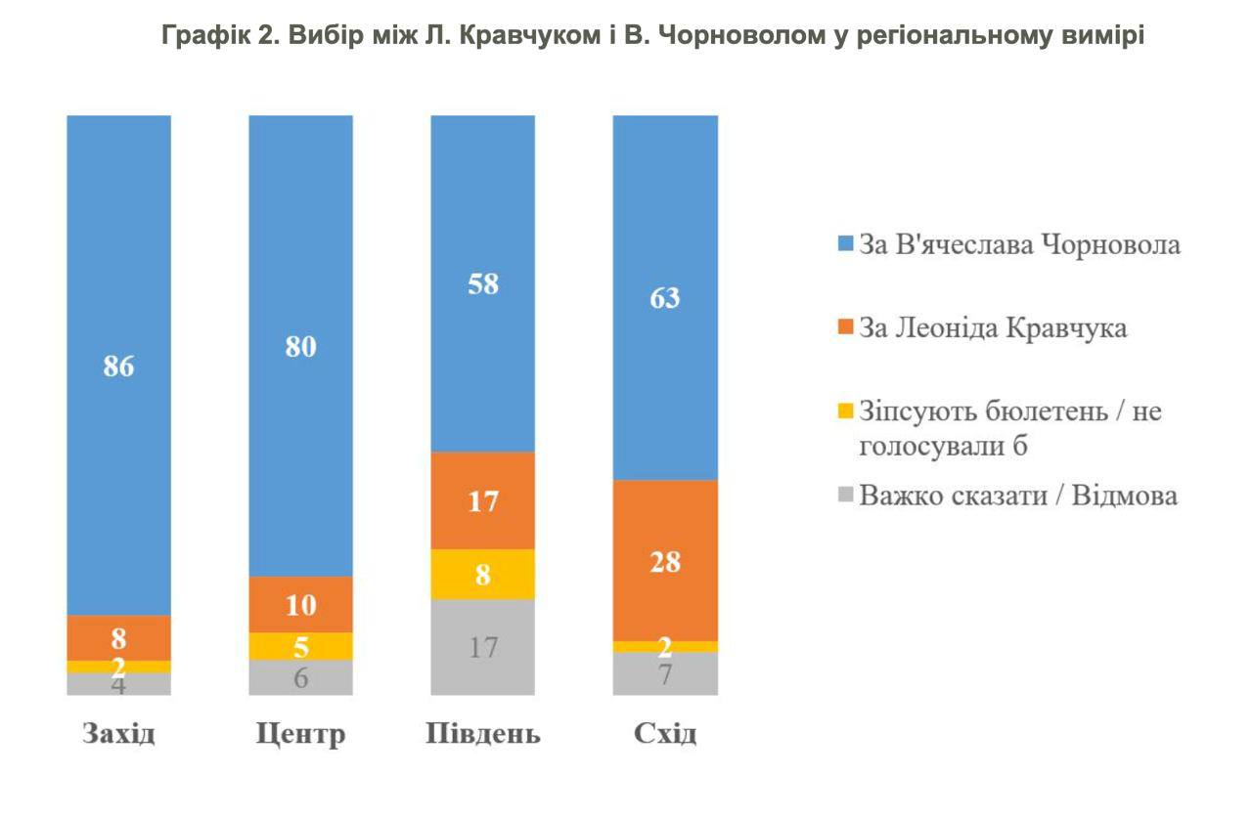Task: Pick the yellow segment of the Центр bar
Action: (300, 646)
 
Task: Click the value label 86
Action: (118, 367)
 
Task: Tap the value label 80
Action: (300, 347)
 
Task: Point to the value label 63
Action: (665, 298)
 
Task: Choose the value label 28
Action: (665, 562)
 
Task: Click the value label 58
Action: (483, 284)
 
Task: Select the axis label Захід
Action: (118, 733)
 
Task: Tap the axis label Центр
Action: (300, 734)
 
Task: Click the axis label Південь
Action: (483, 734)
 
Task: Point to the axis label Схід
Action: (665, 733)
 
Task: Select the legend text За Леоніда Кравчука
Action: (992, 328)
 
